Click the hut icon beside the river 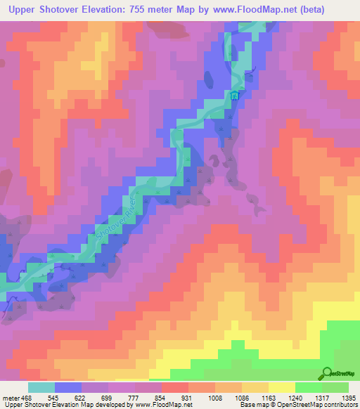tap(234, 96)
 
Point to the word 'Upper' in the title tap(24, 9)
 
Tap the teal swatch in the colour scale tap(41, 387)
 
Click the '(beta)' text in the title tap(340, 9)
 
